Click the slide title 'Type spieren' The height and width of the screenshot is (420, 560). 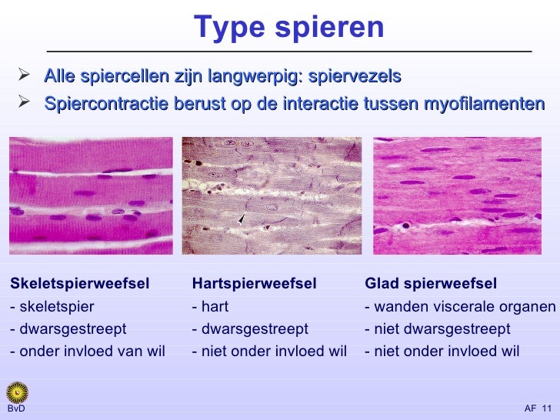[x=288, y=28]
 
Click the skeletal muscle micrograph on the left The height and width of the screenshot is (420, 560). [x=91, y=195]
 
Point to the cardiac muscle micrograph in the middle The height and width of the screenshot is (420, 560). [x=272, y=195]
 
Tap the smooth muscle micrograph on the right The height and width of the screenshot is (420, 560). [x=457, y=195]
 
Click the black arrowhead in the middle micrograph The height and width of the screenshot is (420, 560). [x=242, y=220]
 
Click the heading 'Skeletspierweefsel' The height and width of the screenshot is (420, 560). [x=80, y=284]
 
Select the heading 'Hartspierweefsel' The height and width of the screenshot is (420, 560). [x=254, y=284]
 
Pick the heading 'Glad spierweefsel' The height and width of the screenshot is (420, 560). [x=431, y=284]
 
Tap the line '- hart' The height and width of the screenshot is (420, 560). [x=211, y=307]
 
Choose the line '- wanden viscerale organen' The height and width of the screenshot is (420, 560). [x=460, y=307]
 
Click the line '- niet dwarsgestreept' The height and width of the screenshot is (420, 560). [x=437, y=329]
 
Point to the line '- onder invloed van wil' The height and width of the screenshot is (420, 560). [x=88, y=352]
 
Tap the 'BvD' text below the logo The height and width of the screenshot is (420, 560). [x=16, y=409]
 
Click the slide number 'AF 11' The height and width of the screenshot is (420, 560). [x=538, y=408]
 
